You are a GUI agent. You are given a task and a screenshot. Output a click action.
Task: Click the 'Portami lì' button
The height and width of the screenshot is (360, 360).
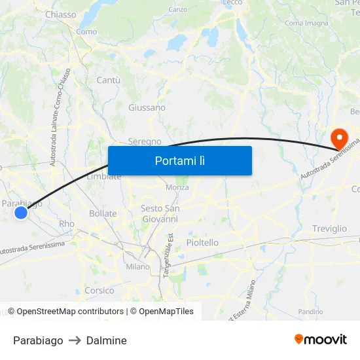coord(179,160)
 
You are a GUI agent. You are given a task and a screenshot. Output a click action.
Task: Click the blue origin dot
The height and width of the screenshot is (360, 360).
coord(21,212)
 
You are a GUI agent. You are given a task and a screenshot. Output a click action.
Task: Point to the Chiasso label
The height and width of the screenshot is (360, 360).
coord(61,14)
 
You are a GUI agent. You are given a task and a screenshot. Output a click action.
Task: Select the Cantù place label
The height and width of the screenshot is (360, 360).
coord(109,80)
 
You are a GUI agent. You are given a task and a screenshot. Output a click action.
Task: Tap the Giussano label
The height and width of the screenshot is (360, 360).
coord(147,107)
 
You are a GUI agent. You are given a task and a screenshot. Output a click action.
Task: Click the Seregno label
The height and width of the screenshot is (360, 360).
coord(145,141)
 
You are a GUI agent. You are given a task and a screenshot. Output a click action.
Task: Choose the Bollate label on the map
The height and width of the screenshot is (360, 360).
coord(103,213)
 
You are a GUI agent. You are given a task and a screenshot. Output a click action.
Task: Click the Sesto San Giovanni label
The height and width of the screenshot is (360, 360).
coord(160,213)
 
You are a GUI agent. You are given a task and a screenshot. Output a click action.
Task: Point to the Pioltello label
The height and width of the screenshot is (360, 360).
coord(203,243)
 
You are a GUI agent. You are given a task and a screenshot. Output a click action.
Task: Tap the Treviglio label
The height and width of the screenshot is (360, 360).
coord(330,229)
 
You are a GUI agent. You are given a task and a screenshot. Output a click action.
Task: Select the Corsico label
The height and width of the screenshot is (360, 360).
coord(99,291)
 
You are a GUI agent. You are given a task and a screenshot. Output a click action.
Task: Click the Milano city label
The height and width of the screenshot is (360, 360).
coord(137,267)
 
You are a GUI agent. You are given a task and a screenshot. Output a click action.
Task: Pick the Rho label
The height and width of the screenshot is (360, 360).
coord(67,224)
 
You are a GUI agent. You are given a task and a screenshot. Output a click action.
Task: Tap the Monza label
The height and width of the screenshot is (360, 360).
coord(177,187)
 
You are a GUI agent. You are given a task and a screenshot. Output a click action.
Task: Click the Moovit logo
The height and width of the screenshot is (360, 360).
coord(321,339)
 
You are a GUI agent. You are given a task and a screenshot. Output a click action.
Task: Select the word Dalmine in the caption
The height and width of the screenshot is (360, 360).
coord(106,340)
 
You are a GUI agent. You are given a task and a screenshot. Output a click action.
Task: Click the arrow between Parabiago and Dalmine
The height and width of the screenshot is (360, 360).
coord(75,340)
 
